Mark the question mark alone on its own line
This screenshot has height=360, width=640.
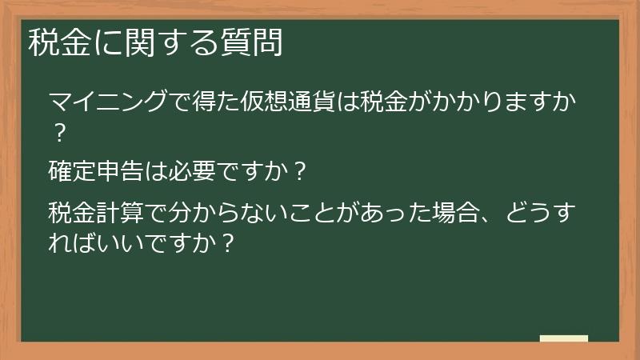[58, 130]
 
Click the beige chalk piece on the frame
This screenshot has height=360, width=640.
[564, 338]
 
